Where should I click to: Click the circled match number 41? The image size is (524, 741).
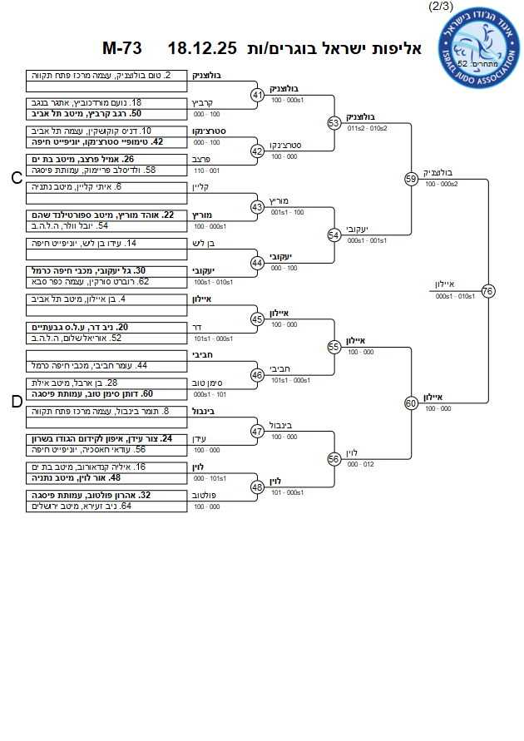coord(258,95)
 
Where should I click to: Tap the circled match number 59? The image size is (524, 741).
coord(411,179)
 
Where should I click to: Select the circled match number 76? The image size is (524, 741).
coord(488,290)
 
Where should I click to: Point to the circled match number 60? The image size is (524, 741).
coord(411,403)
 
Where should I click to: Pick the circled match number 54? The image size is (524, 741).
coord(334,235)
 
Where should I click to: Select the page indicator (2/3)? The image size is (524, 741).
coord(440,7)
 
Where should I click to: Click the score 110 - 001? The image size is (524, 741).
coord(205,170)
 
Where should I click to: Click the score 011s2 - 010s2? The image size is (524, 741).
coord(367,129)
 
